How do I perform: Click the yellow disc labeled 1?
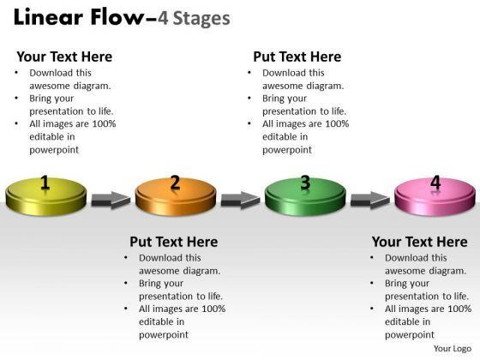pyautogui.click(x=46, y=196)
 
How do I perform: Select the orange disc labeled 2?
pyautogui.click(x=176, y=196)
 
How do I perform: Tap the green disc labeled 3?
pyautogui.click(x=305, y=196)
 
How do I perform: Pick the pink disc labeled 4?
pyautogui.click(x=435, y=196)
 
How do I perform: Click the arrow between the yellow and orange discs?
pyautogui.click(x=111, y=201)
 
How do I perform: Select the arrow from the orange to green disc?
pyautogui.click(x=241, y=201)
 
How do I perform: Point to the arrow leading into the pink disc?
pyautogui.click(x=370, y=201)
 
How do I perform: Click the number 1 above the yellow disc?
pyautogui.click(x=45, y=183)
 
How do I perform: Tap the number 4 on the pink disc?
pyautogui.click(x=435, y=183)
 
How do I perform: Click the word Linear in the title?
pyautogui.click(x=48, y=17)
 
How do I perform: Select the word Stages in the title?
pyautogui.click(x=201, y=19)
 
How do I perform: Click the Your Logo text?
pyautogui.click(x=453, y=349)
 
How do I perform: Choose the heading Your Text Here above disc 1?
pyautogui.click(x=64, y=57)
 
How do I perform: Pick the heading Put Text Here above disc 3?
pyautogui.click(x=297, y=57)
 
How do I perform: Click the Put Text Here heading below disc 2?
pyautogui.click(x=174, y=242)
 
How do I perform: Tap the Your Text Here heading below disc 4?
pyautogui.click(x=420, y=242)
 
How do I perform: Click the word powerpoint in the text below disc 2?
pyautogui.click(x=164, y=335)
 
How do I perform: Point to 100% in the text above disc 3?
pyautogui.click(x=337, y=123)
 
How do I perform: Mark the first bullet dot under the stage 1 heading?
pyautogui.click(x=16, y=73)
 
